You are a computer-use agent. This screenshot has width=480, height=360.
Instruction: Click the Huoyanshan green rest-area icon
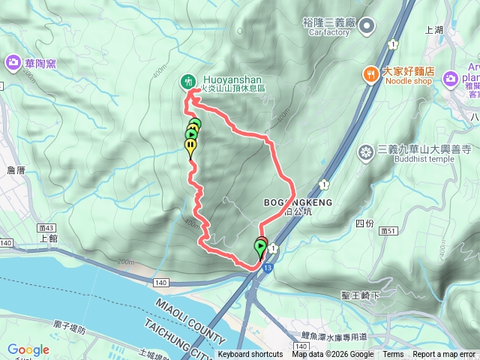click(x=187, y=80)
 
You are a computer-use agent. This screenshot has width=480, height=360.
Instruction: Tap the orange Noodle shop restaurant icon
click(x=370, y=74)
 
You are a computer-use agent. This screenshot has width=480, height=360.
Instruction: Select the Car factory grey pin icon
click(x=366, y=28)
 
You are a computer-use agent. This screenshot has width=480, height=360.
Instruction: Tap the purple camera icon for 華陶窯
click(x=13, y=63)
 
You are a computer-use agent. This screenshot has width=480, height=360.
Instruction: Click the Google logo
click(x=28, y=349)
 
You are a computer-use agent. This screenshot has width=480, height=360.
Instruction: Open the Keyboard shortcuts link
click(x=250, y=355)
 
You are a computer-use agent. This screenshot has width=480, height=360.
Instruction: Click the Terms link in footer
click(x=393, y=355)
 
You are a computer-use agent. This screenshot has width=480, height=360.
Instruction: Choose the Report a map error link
click(x=444, y=355)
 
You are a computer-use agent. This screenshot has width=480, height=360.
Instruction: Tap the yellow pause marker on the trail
click(x=191, y=145)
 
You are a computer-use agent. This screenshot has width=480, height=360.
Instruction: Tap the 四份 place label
click(x=364, y=223)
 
